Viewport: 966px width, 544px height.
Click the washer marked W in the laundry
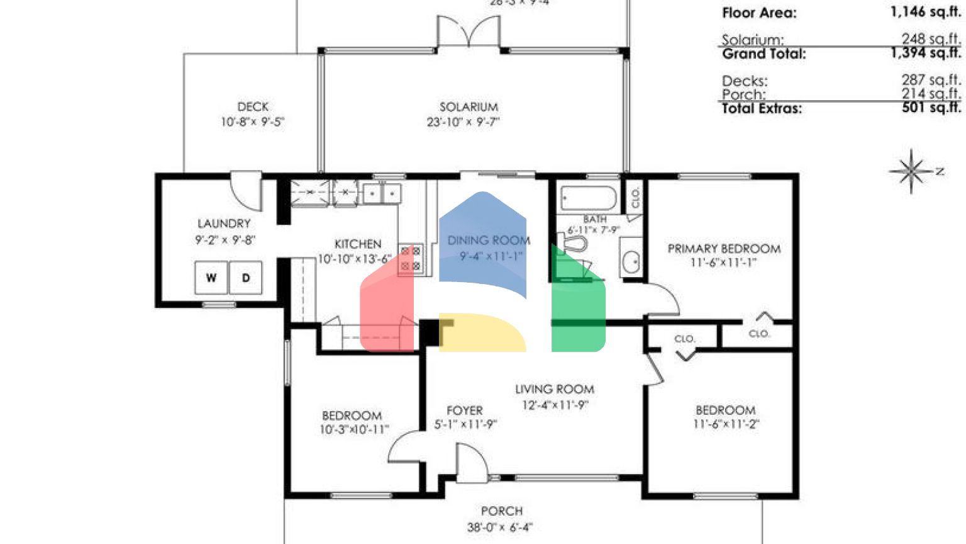click(x=211, y=278)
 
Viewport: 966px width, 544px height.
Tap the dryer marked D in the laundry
click(x=246, y=278)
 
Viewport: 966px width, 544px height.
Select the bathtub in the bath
click(x=589, y=198)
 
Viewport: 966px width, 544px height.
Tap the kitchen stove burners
click(x=411, y=259)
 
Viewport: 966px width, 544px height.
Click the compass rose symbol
click(x=911, y=171)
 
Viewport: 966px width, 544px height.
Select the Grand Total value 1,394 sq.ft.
click(x=925, y=54)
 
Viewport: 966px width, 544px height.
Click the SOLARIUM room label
click(x=469, y=107)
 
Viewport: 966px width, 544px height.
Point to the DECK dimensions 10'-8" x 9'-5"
click(x=252, y=122)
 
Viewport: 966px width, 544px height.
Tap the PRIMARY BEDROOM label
click(x=724, y=249)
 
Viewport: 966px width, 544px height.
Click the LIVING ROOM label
click(x=554, y=389)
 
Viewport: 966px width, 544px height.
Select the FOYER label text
click(x=465, y=411)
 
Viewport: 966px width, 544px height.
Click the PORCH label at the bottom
click(x=501, y=511)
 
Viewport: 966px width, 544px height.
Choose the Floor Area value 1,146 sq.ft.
click(x=925, y=12)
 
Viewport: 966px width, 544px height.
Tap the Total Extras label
click(x=762, y=108)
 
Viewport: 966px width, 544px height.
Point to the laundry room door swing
click(x=247, y=191)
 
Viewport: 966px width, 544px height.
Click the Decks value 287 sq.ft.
click(x=930, y=80)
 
